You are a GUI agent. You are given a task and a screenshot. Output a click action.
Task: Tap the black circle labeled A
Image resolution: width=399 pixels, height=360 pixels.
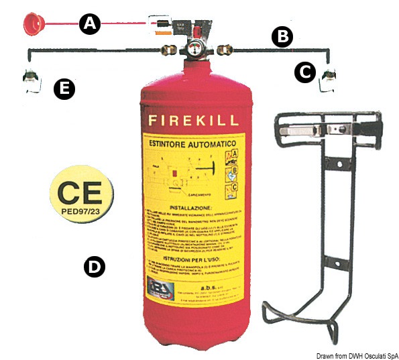(x=89, y=25)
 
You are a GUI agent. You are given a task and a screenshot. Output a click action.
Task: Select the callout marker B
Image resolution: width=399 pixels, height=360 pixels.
(x=282, y=37)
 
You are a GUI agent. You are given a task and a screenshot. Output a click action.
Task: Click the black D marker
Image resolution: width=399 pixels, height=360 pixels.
(x=94, y=267)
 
